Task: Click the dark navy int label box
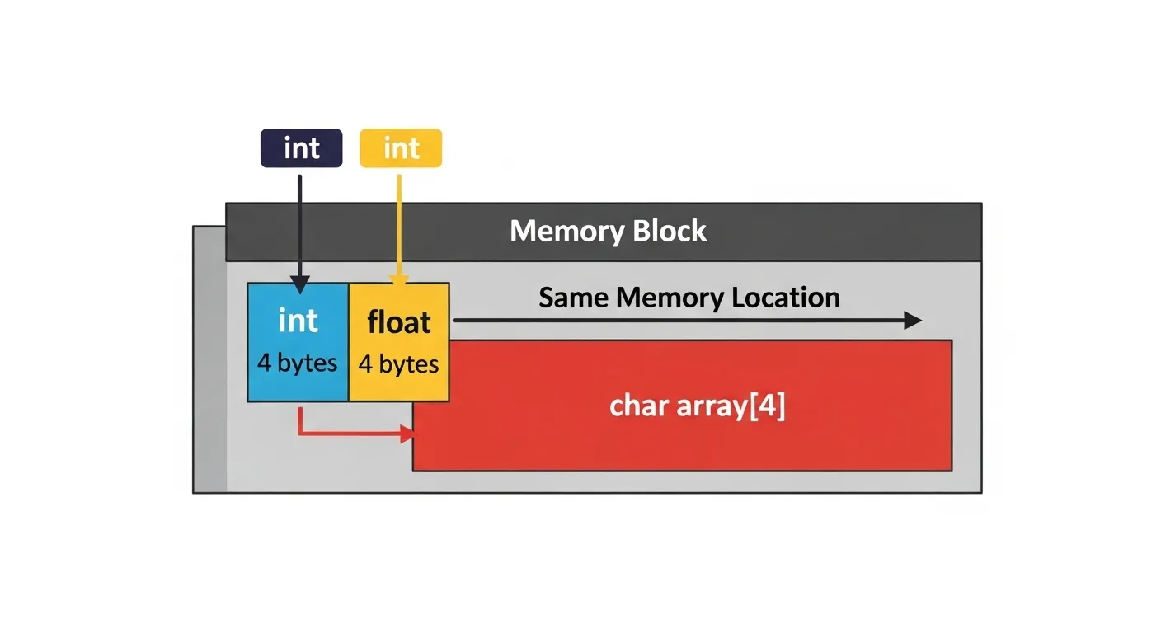(x=301, y=148)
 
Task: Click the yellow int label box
(x=401, y=148)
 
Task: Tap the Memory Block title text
(x=608, y=231)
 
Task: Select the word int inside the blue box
(x=298, y=321)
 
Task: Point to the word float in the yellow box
(x=399, y=322)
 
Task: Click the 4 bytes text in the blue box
(x=298, y=363)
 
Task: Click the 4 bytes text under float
(x=399, y=363)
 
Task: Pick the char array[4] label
(x=697, y=406)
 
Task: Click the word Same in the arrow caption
(x=574, y=298)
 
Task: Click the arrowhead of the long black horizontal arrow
(x=912, y=321)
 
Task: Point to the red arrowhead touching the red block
(x=406, y=434)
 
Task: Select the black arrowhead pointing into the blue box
(x=300, y=285)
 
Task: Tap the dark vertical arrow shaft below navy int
(x=300, y=223)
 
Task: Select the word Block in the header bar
(x=670, y=231)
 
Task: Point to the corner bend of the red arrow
(x=301, y=433)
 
